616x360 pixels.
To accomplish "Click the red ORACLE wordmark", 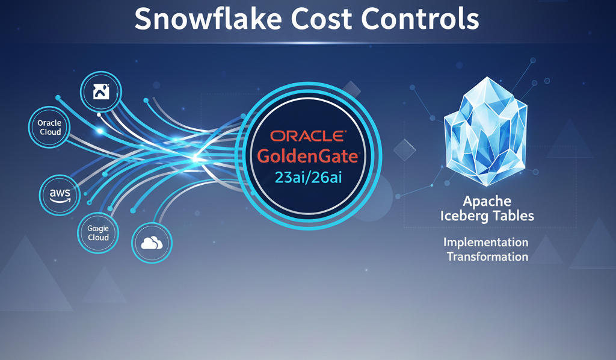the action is pos(308,136).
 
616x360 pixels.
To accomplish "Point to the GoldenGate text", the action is pos(308,157).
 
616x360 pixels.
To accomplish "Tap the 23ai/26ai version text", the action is pos(309,178).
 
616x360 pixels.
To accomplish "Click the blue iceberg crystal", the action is pos(485,131).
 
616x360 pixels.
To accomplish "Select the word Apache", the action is pos(487,201).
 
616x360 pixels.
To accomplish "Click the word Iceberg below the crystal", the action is pos(463,216).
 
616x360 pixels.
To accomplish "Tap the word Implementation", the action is pos(485,243).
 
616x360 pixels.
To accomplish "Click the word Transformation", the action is pos(487,256).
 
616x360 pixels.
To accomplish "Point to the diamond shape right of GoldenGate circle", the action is pos(405,150).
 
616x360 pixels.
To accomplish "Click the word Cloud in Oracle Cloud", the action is pos(51,132).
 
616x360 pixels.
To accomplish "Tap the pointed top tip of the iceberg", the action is pos(487,77).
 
